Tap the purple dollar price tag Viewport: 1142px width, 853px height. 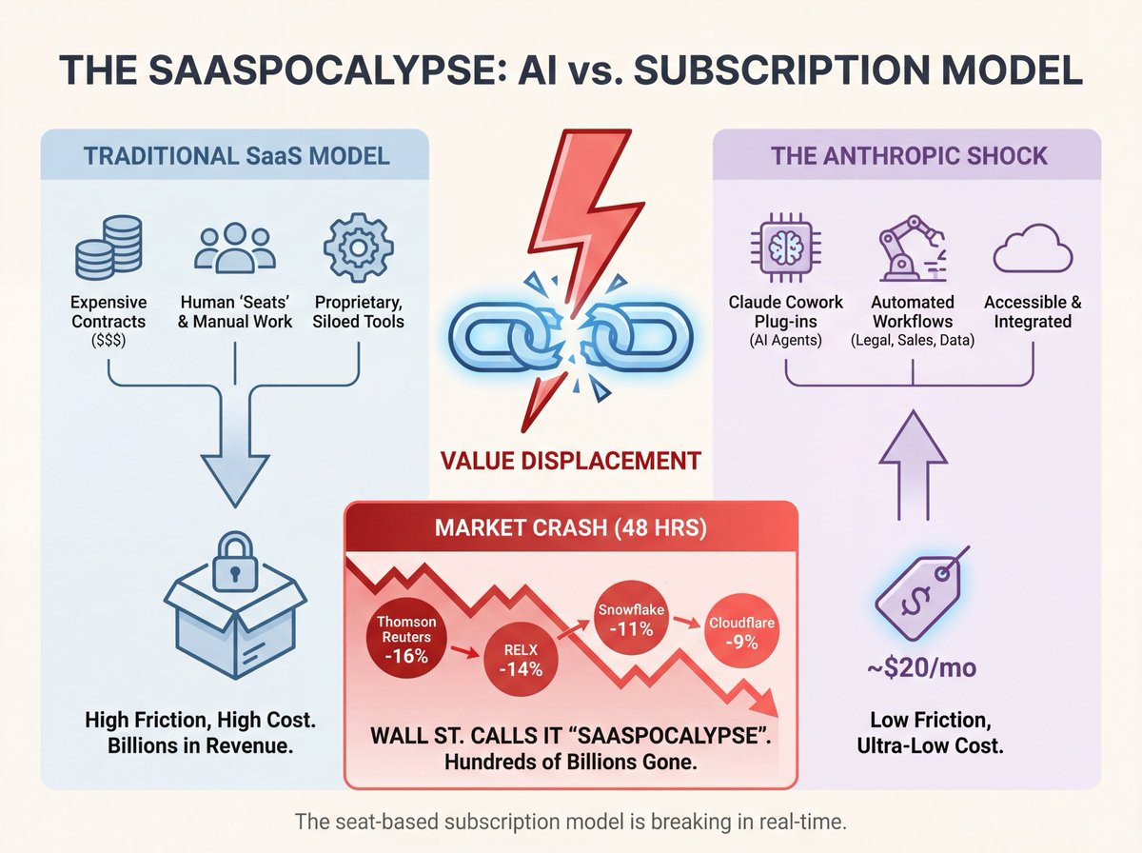[920, 594]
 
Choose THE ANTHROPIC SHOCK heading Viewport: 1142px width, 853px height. [908, 156]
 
